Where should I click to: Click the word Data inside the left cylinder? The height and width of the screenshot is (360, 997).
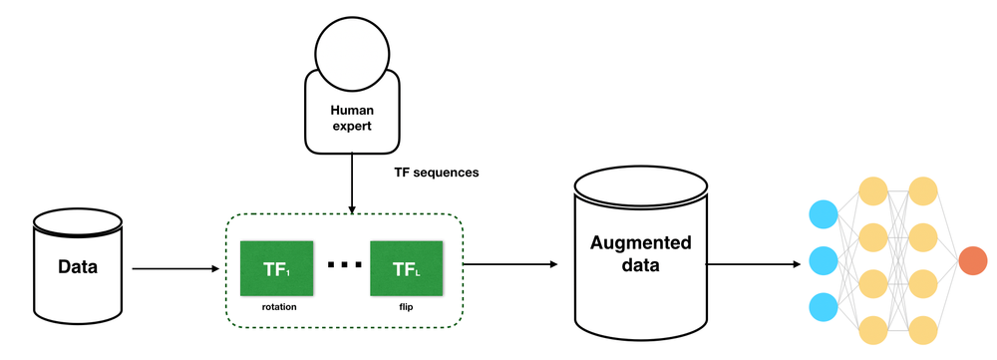(x=78, y=267)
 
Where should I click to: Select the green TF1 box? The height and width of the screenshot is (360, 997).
(x=277, y=268)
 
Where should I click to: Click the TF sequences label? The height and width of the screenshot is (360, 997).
(x=437, y=173)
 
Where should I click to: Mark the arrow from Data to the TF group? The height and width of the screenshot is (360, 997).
(x=174, y=268)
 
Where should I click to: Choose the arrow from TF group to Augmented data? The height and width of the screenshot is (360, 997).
(x=508, y=264)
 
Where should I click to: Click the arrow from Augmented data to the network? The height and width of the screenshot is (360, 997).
(x=753, y=264)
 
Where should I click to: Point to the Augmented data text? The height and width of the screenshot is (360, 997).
(x=640, y=255)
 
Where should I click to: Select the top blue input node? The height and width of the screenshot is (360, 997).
(x=824, y=214)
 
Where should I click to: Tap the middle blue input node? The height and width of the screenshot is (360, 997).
(x=824, y=260)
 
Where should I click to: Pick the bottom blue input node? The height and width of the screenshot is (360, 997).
(x=824, y=306)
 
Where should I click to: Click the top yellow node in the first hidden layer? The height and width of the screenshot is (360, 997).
(x=873, y=191)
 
